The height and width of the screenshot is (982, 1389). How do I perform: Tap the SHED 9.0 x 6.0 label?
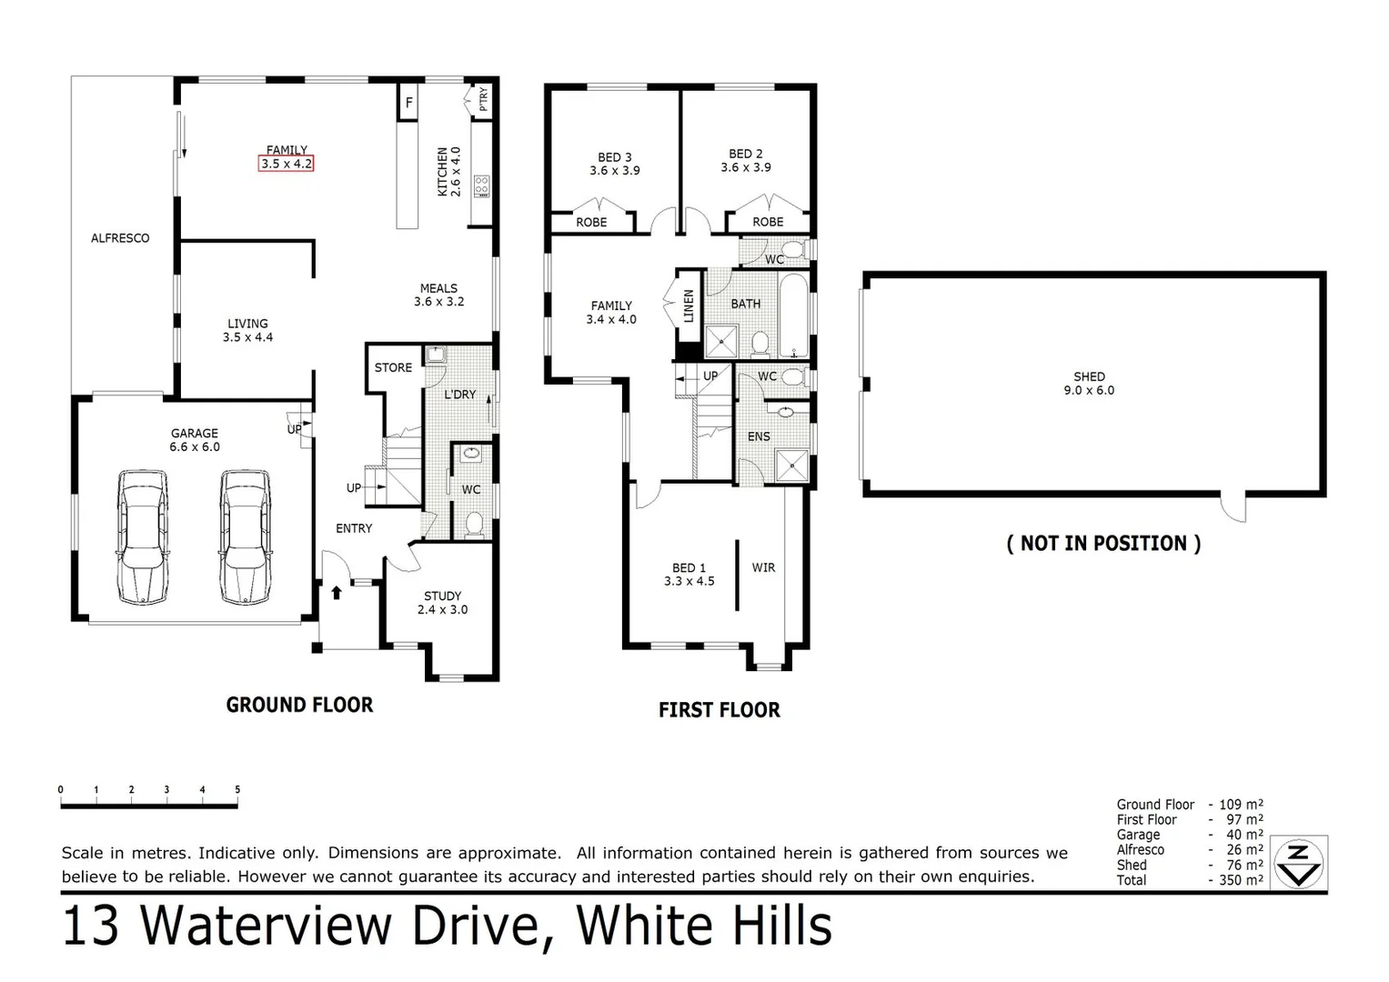tap(1089, 383)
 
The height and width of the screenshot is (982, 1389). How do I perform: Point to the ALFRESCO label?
tap(120, 238)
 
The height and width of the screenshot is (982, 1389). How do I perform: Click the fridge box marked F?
tap(409, 103)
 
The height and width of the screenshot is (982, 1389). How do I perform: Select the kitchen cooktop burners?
tap(481, 186)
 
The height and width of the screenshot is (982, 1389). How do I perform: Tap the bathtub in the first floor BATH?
tap(793, 315)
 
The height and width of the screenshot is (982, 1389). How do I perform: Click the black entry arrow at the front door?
tap(337, 593)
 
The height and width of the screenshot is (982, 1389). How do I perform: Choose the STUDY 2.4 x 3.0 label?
tap(442, 603)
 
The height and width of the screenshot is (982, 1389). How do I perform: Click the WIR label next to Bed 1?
tap(763, 567)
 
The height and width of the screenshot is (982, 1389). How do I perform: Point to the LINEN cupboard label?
tap(689, 306)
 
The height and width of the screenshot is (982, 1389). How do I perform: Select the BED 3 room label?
tap(615, 164)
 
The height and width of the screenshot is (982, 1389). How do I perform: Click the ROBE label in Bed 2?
tap(768, 222)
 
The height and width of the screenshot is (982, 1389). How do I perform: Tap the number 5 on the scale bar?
tap(237, 790)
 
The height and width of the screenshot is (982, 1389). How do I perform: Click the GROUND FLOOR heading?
tap(299, 705)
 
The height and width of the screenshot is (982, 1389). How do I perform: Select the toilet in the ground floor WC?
tap(473, 524)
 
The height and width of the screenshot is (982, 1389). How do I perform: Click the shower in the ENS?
tap(791, 466)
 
